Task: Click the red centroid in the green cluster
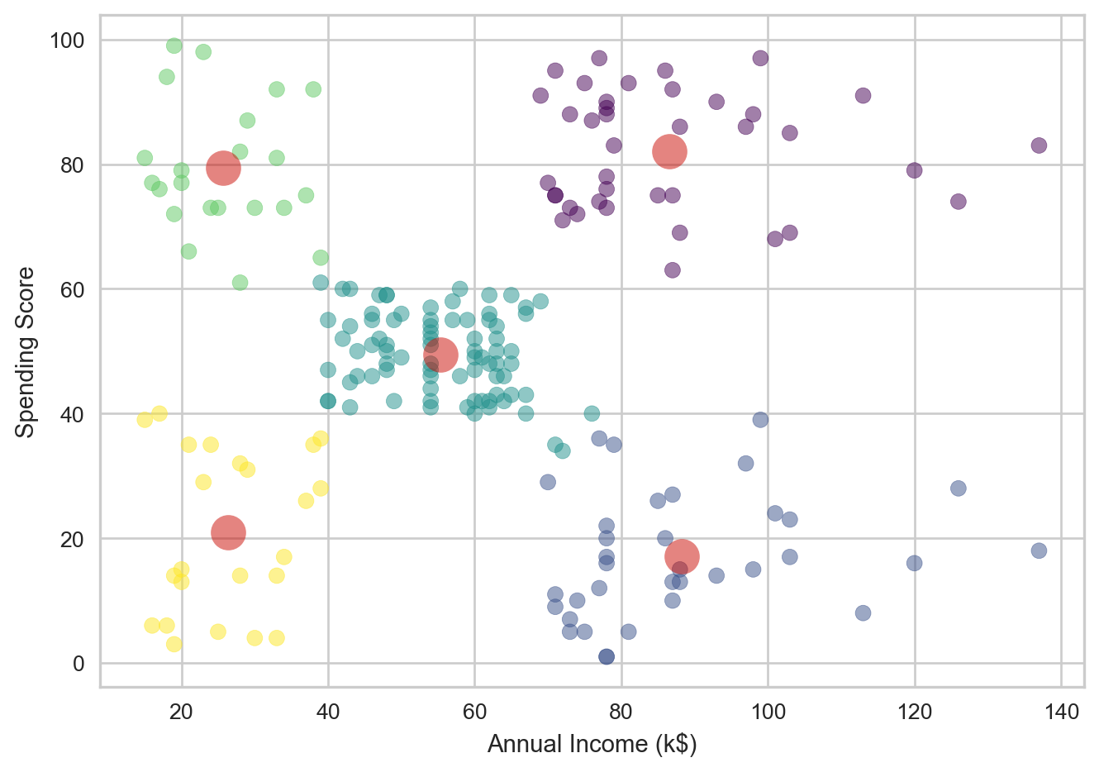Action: (x=223, y=168)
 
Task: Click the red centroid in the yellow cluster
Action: (x=228, y=532)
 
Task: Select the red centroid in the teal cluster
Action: (x=440, y=355)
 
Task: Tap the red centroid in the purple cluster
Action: (x=669, y=151)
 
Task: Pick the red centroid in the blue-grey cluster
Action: (x=682, y=556)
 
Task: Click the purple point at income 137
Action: (x=1039, y=145)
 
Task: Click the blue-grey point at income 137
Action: (x=1039, y=550)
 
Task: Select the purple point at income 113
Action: (x=863, y=96)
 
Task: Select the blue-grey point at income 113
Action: (x=863, y=612)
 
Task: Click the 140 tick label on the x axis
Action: (x=1061, y=712)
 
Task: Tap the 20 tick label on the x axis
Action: (x=181, y=712)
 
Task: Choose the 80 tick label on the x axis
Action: (x=621, y=712)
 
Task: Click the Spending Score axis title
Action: (x=26, y=351)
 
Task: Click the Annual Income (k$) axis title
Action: (x=592, y=745)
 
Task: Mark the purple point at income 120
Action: (x=914, y=170)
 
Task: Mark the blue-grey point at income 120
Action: (x=914, y=563)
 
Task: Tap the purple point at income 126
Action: (x=958, y=202)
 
